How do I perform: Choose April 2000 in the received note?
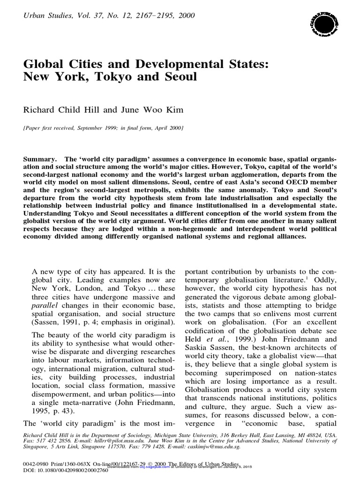tap(170, 127)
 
